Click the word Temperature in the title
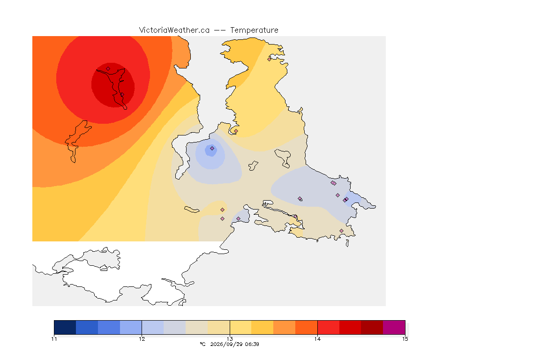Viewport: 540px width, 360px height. pos(254,30)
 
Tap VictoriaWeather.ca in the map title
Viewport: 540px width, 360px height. pos(174,30)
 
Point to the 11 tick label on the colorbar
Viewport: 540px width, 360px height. pos(54,339)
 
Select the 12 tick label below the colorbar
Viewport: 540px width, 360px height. pos(142,339)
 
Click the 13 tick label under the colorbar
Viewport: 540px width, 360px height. pos(230,339)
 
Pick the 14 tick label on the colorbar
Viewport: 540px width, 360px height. pos(317,339)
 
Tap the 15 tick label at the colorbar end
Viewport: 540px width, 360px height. pos(405,339)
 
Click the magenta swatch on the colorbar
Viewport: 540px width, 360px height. pos(394,327)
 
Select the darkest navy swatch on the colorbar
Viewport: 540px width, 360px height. pos(65,327)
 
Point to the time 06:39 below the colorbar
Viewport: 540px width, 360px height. pos(251,344)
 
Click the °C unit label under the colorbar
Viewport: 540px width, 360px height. pos(202,344)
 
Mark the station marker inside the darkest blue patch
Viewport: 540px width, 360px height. pos(212,149)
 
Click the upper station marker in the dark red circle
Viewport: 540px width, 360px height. pos(108,69)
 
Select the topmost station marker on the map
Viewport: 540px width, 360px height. pos(270,59)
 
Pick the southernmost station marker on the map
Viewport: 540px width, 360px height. pos(341,231)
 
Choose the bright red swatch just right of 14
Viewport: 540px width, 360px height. pos(328,327)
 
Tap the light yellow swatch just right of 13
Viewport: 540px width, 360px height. pos(240,327)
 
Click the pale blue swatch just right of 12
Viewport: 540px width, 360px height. pos(152,327)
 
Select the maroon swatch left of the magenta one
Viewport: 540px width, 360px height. pos(372,327)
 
